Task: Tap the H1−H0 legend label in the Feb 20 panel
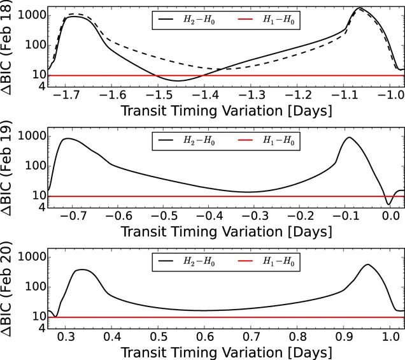(x=279, y=262)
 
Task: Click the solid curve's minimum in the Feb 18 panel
(x=178, y=81)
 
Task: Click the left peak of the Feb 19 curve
(x=68, y=138)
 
